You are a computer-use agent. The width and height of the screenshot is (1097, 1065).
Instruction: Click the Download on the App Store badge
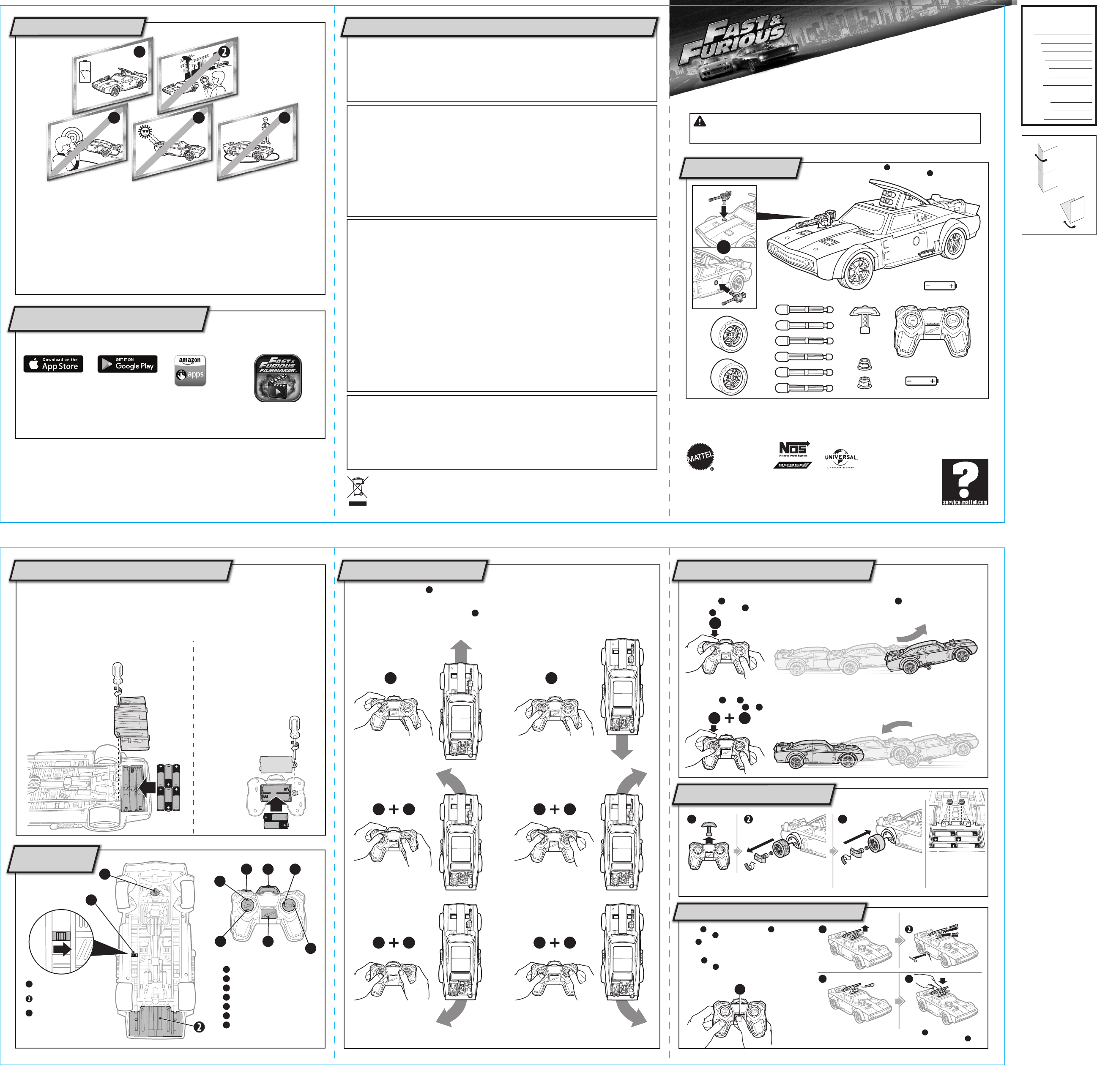click(x=53, y=364)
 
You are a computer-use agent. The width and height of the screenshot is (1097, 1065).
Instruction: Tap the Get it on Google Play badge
click(x=127, y=364)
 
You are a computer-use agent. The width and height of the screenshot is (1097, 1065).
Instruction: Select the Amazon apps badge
click(x=190, y=370)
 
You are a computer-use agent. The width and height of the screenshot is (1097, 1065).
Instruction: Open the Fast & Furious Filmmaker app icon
click(x=278, y=378)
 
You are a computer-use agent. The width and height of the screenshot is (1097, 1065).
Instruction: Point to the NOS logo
click(x=793, y=449)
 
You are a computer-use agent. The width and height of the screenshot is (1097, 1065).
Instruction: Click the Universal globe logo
click(x=841, y=458)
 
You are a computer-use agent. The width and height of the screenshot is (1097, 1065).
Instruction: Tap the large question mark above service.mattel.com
click(x=964, y=479)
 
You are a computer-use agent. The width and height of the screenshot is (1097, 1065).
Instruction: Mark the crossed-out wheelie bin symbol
click(x=358, y=488)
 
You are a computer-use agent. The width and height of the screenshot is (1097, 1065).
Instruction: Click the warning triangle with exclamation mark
click(x=699, y=121)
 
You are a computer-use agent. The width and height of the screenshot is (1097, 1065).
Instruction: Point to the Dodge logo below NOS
click(x=792, y=465)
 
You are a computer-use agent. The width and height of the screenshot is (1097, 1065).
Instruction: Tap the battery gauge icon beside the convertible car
click(x=85, y=71)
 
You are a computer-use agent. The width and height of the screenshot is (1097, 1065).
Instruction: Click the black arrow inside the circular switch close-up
click(x=62, y=949)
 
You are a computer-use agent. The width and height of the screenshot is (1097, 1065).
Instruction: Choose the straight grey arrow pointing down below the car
click(x=622, y=747)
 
